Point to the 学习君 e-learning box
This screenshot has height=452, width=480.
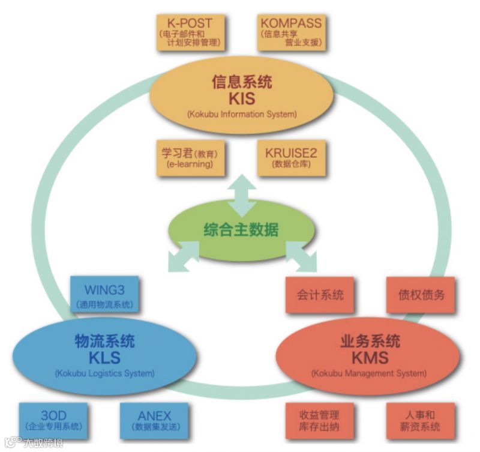187,158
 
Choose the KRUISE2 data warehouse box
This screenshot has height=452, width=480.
291,158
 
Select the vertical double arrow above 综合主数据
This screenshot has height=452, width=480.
241,194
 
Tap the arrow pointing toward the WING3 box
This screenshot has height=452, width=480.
184,256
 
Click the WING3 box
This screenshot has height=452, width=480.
104,294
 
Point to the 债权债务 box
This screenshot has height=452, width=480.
421,295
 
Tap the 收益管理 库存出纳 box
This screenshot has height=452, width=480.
320,420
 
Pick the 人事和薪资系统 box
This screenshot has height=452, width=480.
421,420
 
